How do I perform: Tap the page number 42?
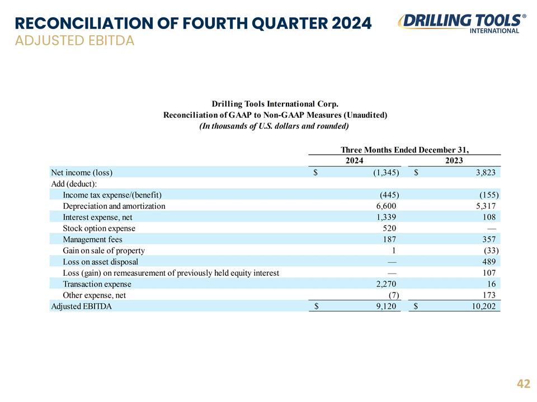pos(524,384)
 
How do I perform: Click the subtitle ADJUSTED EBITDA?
pos(74,41)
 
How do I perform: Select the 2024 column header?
pos(355,161)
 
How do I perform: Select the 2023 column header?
pos(454,161)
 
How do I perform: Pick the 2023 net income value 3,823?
pos(486,173)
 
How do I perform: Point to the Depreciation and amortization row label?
pos(114,206)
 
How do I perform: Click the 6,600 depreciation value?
pos(386,206)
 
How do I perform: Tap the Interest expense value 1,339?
pos(386,217)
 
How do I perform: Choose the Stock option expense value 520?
pos(389,228)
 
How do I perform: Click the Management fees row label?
pos(92,240)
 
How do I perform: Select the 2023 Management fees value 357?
pos(489,240)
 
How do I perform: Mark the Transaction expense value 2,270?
pos(386,284)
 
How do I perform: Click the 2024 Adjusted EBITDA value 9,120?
pos(386,307)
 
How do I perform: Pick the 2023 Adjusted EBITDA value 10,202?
pos(483,307)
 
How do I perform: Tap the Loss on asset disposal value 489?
pos(489,262)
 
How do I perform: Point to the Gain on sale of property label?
pos(104,251)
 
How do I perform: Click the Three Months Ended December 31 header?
pos(404,150)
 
